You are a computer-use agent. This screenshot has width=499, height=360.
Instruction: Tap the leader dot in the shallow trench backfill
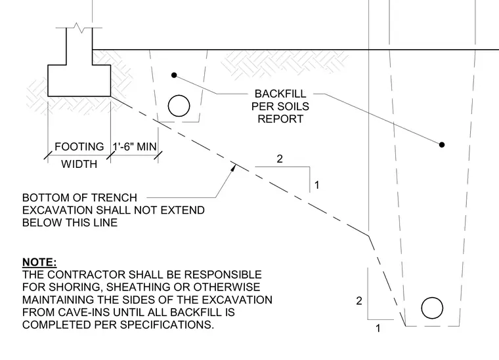pyautogui.click(x=174, y=75)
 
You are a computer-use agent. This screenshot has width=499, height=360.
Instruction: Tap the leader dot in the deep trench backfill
pyautogui.click(x=442, y=144)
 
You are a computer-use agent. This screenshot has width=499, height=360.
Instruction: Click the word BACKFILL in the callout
pyautogui.click(x=280, y=94)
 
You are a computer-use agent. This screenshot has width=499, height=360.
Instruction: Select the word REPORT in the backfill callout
pyautogui.click(x=280, y=119)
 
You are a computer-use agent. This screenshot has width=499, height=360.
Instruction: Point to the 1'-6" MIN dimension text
pyautogui.click(x=135, y=147)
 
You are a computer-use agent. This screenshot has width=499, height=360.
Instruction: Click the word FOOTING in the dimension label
pyautogui.click(x=79, y=147)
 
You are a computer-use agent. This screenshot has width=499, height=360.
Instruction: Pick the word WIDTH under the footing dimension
pyautogui.click(x=79, y=164)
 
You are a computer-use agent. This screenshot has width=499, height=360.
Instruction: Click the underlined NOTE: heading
pyautogui.click(x=39, y=262)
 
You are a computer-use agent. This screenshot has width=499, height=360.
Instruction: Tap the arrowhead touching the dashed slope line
pyautogui.click(x=234, y=167)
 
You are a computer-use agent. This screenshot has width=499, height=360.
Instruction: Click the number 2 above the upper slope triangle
pyautogui.click(x=280, y=159)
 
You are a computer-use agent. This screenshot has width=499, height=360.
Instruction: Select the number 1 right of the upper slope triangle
pyautogui.click(x=316, y=185)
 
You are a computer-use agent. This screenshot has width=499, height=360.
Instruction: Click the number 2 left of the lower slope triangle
pyautogui.click(x=359, y=301)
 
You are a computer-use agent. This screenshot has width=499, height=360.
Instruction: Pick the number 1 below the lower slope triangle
pyautogui.click(x=378, y=329)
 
